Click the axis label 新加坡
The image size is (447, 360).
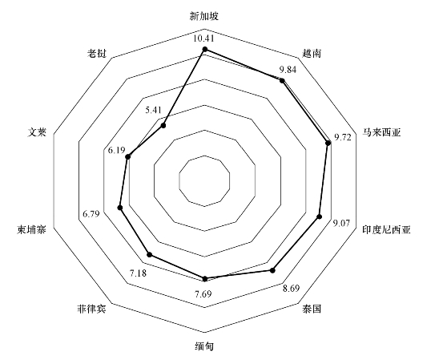click(204, 16)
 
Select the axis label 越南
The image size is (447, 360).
click(312, 54)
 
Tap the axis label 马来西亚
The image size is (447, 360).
click(382, 132)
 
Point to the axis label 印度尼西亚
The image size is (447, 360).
click(386, 229)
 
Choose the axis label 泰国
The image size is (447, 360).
click(312, 309)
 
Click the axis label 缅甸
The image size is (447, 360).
click(204, 346)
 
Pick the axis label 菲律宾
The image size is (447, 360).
click(91, 309)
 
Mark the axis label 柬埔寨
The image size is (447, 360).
click(31, 229)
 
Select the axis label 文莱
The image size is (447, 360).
click(37, 132)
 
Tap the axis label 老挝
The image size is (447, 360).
click(97, 54)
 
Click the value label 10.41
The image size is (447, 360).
click(203, 38)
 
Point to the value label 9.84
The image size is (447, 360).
click(288, 70)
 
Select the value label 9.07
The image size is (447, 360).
click(341, 223)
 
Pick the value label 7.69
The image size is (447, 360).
click(203, 293)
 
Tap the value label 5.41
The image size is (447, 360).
click(153, 110)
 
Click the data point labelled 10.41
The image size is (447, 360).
click(204, 50)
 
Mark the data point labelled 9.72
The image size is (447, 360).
click(328, 143)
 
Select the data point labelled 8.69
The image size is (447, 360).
click(272, 270)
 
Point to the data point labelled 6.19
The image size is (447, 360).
click(128, 156)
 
